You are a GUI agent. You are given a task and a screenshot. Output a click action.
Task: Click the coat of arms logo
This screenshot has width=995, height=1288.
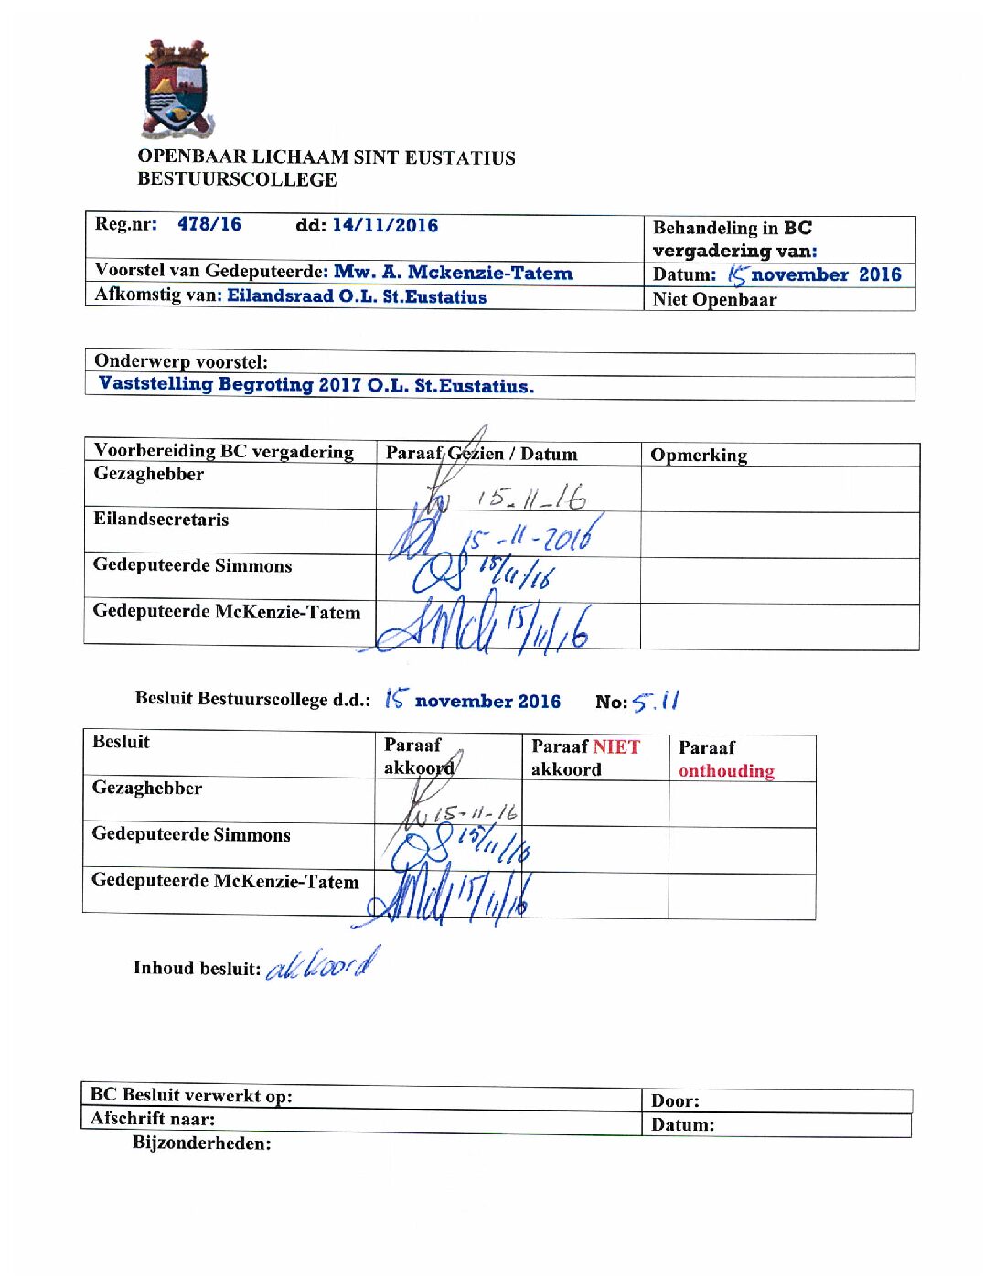177,90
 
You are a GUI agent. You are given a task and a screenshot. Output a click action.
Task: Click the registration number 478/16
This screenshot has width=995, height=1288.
209,225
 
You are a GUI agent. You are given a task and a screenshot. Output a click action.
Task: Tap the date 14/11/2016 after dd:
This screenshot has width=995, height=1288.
385,226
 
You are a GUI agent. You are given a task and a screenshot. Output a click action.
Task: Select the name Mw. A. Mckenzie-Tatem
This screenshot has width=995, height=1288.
454,273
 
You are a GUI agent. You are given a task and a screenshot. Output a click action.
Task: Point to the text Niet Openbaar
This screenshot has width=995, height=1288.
714,300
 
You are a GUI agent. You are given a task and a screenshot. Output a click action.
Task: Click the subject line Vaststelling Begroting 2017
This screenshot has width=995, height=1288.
316,385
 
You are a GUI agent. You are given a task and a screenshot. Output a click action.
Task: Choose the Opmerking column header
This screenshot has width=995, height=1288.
699,456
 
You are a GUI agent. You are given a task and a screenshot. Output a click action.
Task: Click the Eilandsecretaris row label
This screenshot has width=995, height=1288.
161,520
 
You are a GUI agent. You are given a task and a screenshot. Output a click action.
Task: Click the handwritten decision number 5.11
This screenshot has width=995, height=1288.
656,702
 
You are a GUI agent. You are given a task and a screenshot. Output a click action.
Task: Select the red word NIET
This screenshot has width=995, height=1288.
616,747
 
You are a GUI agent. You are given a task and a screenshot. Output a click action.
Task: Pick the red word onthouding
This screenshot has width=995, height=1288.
726,771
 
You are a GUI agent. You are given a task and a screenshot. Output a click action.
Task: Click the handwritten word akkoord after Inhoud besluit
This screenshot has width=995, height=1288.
322,965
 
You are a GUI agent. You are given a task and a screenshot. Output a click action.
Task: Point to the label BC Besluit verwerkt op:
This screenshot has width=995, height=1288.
191,1096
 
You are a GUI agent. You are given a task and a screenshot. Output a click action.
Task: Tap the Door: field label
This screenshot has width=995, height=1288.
675,1101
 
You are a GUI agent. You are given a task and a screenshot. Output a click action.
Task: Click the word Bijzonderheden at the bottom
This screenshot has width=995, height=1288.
201,1143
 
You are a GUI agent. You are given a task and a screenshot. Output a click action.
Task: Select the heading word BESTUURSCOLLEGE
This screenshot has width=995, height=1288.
237,180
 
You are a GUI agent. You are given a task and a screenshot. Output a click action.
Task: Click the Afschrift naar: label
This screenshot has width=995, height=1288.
153,1119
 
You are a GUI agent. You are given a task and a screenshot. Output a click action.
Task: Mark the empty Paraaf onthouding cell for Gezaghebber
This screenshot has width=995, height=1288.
742,805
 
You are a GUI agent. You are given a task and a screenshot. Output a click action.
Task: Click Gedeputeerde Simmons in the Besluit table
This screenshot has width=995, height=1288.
191,835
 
